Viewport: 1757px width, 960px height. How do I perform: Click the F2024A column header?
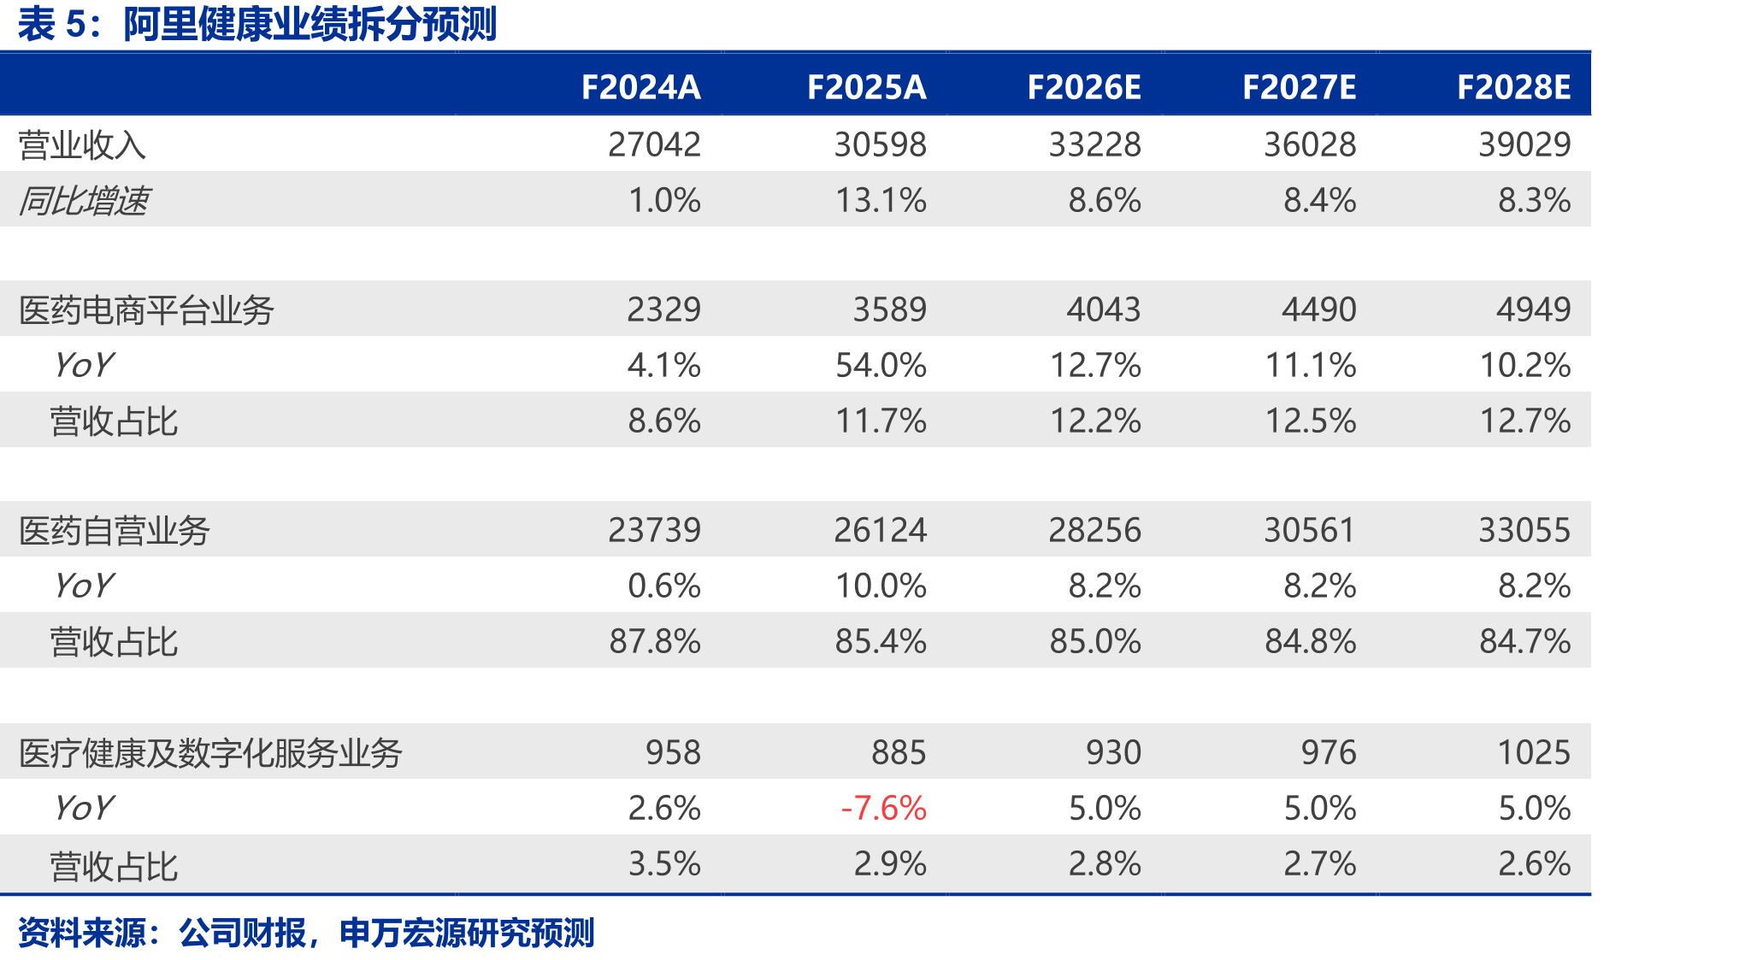tap(640, 87)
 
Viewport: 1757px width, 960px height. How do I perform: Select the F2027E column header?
tap(1299, 87)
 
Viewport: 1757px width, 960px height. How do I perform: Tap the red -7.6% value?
tap(883, 808)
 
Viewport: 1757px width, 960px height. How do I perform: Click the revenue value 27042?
tap(654, 144)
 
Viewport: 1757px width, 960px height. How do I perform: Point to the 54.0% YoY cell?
tap(881, 365)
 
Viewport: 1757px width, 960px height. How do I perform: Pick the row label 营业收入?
tap(82, 145)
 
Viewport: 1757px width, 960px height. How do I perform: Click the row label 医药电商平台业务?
tap(146, 309)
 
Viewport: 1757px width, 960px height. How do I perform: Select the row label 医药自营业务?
tap(114, 531)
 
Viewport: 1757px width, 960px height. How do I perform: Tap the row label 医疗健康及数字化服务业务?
tap(210, 753)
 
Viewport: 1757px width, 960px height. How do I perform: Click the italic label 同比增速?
tap(83, 201)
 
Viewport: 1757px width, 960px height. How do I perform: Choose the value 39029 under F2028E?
tap(1524, 144)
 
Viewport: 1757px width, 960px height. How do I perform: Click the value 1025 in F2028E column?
tap(1534, 752)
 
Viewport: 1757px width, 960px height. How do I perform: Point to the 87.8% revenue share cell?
tap(655, 641)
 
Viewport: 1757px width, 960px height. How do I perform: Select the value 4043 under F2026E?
tap(1103, 309)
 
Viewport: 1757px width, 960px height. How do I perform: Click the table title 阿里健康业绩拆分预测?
tap(310, 24)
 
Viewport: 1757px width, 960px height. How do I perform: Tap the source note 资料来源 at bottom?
tap(82, 933)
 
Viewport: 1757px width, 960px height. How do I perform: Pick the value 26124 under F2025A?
tap(880, 530)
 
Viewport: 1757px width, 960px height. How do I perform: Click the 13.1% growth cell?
tap(881, 200)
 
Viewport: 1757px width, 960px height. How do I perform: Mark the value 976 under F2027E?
tap(1329, 752)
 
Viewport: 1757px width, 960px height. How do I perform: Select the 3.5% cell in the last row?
tap(664, 863)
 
